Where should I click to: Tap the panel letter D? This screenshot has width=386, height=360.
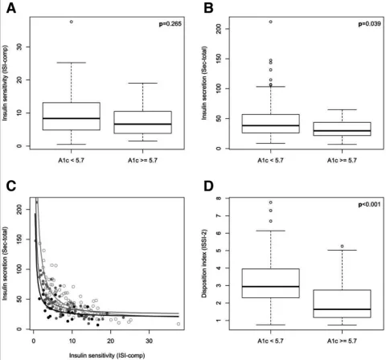click(x=207, y=188)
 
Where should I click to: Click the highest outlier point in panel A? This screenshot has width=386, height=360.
click(x=72, y=22)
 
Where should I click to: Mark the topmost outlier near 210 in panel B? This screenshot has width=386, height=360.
click(x=271, y=22)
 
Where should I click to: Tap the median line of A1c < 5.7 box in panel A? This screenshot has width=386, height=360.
click(x=72, y=118)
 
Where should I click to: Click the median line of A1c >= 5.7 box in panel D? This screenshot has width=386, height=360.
click(x=341, y=309)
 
